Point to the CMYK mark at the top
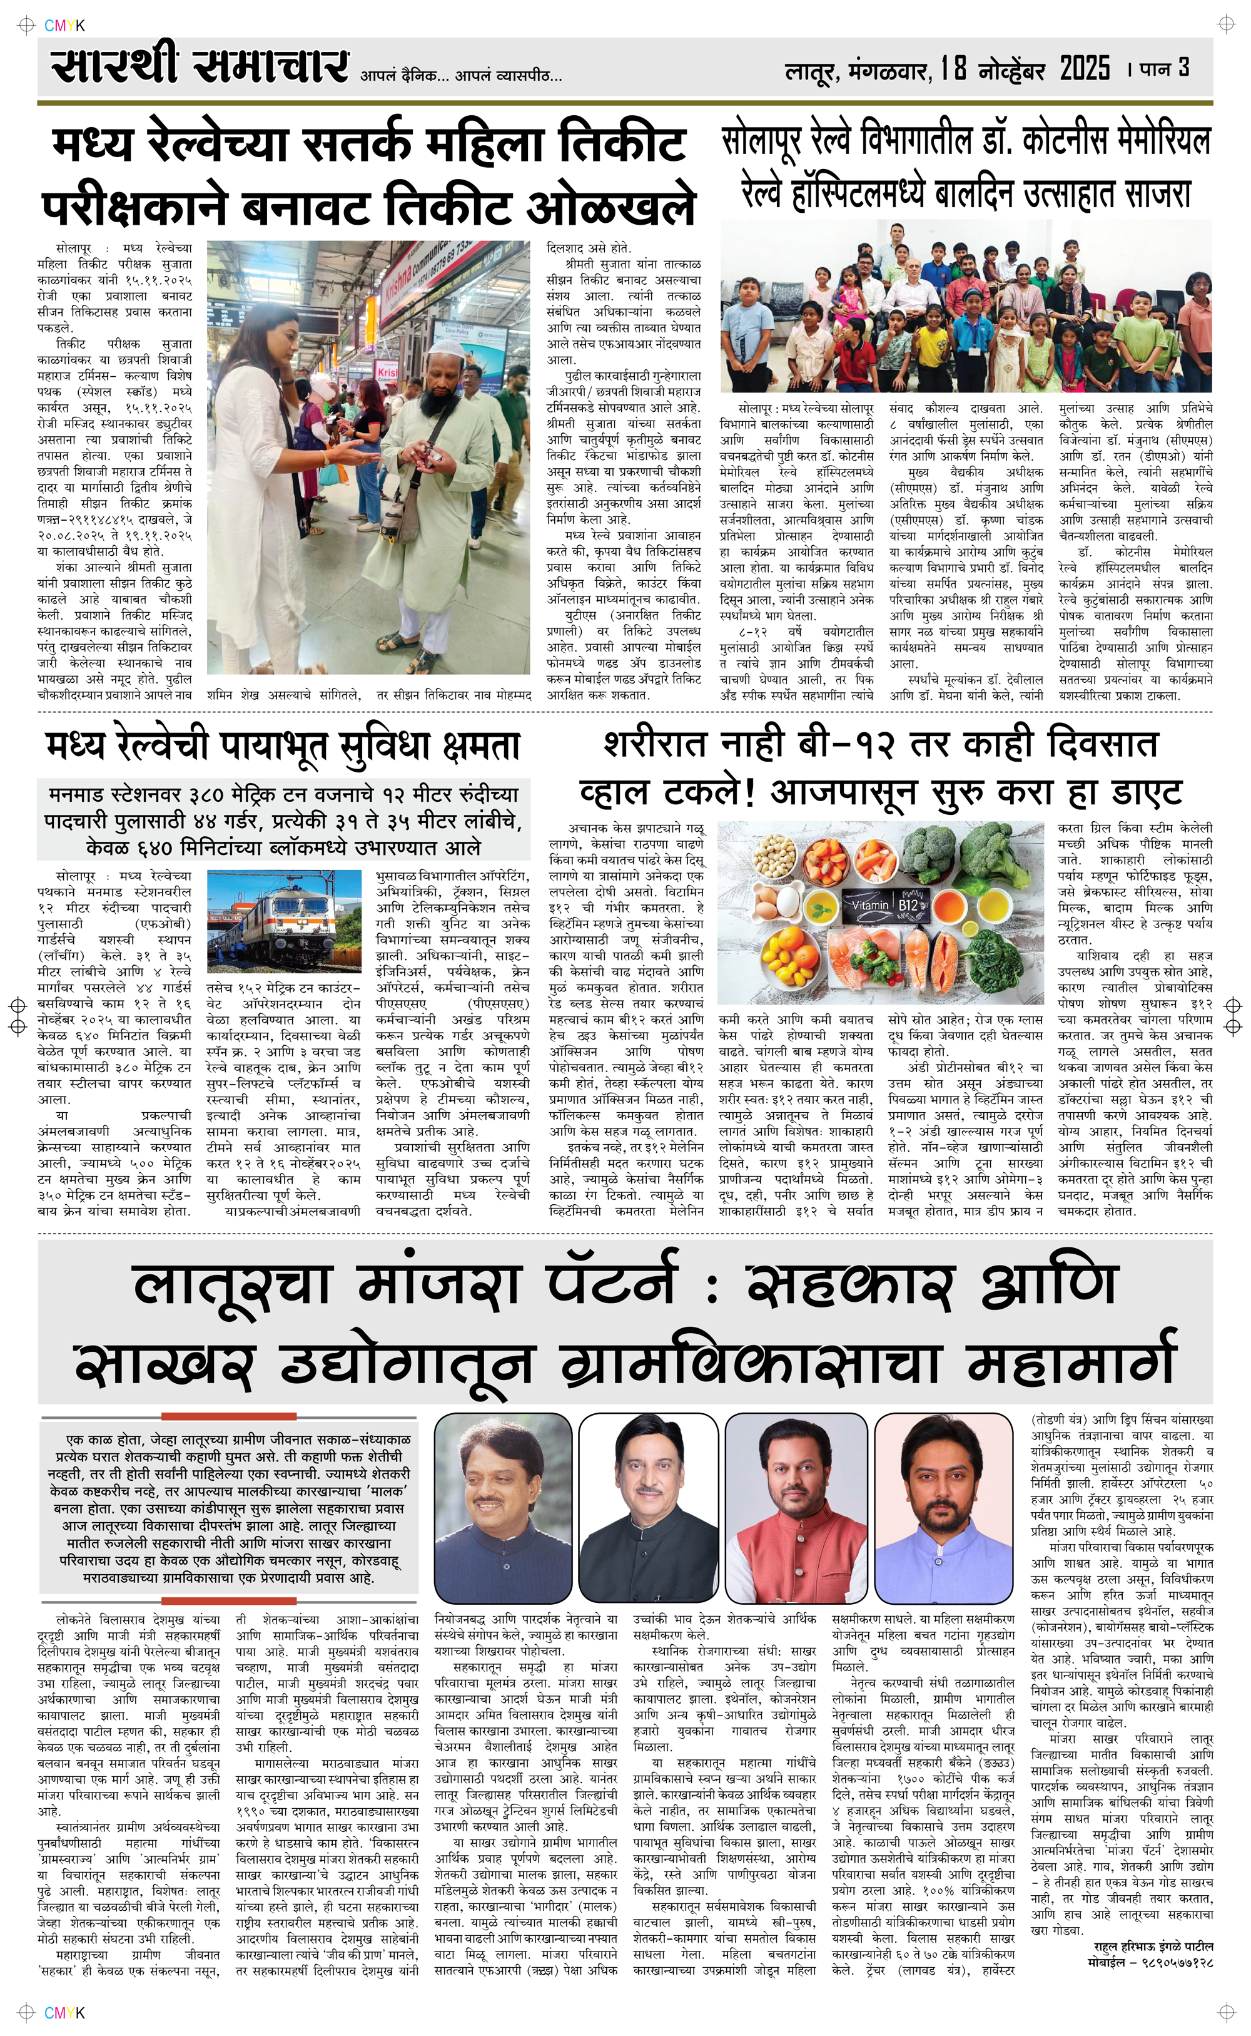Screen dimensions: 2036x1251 (x=64, y=26)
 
